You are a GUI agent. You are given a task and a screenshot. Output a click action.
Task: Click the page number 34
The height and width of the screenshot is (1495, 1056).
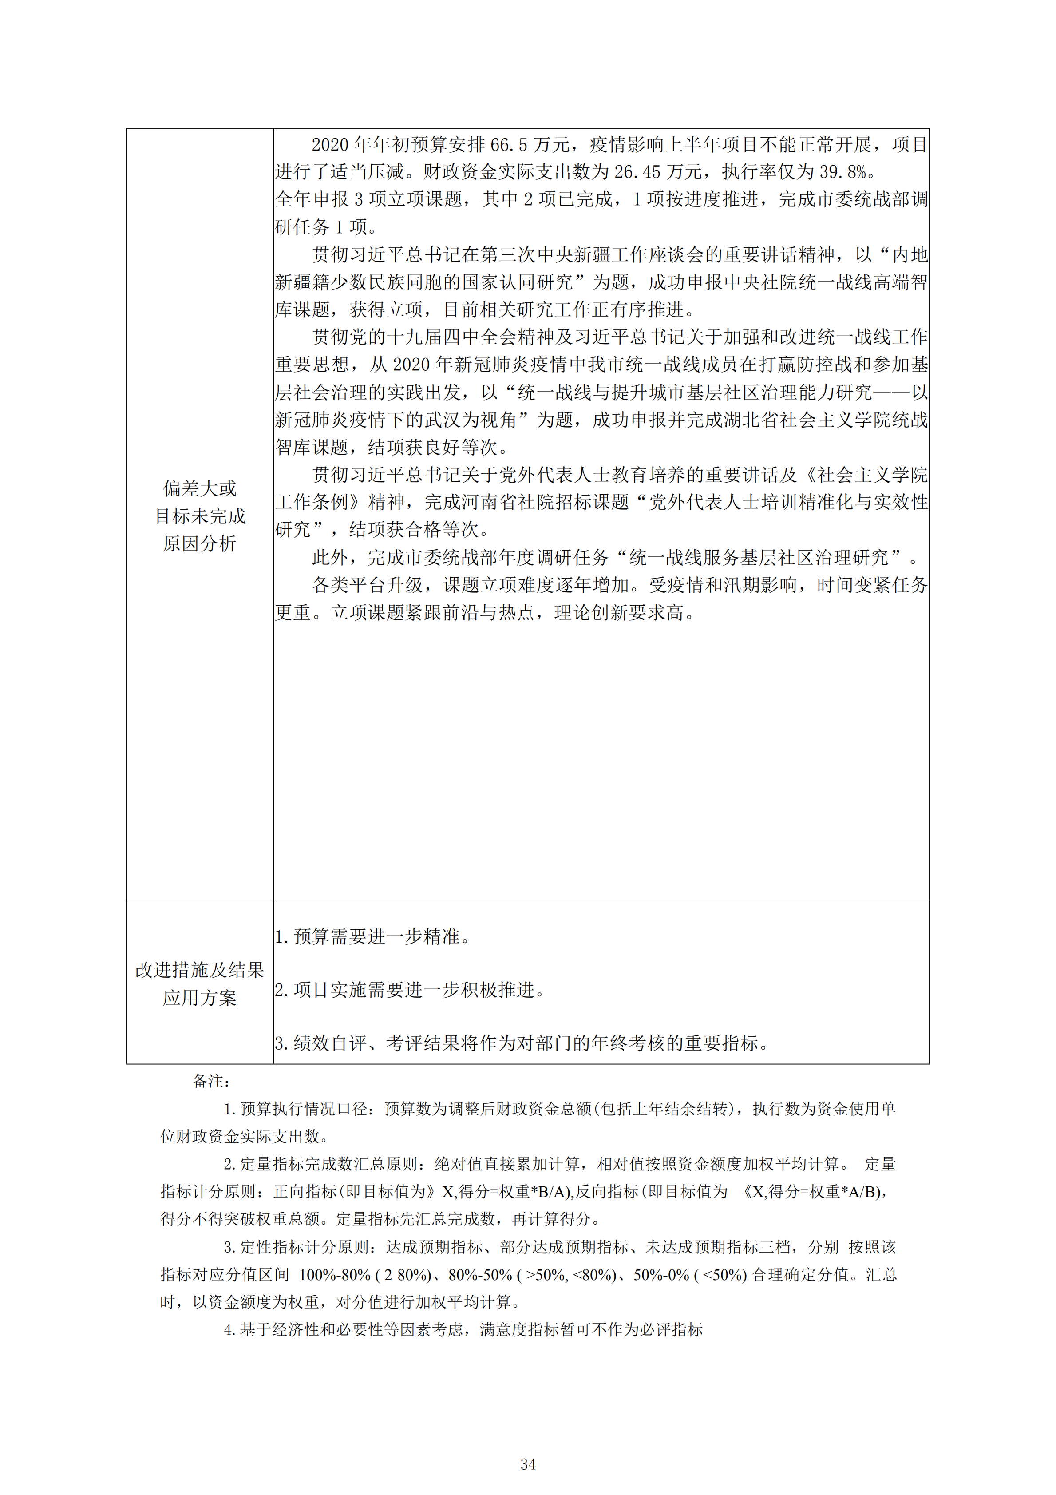tap(528, 1464)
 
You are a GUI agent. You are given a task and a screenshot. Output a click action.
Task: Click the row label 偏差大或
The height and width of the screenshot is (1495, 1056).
tap(199, 488)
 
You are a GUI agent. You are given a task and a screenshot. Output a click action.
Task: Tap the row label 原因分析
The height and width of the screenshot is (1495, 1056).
tap(199, 543)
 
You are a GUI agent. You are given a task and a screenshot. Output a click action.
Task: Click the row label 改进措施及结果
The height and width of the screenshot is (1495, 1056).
tap(199, 970)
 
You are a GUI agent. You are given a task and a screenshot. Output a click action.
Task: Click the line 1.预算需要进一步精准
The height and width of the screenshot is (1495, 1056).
tap(372, 937)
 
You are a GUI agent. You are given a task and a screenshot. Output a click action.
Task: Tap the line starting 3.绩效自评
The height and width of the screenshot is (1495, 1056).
tap(521, 1044)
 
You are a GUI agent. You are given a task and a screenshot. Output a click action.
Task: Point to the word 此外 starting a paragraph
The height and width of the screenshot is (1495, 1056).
tap(331, 557)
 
